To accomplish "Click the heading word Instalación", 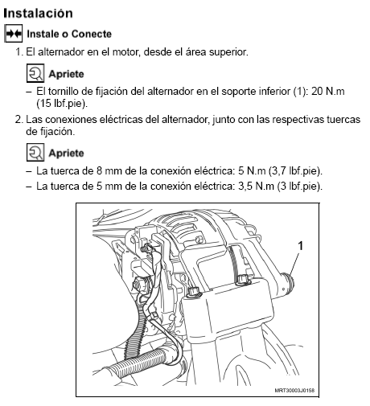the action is (x=38, y=14).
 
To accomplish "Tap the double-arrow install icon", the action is (x=14, y=34).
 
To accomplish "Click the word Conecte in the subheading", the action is (x=92, y=34).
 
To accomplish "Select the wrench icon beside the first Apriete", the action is (x=35, y=73).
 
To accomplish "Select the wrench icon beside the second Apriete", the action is (x=35, y=153).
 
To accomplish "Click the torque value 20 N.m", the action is (x=328, y=92).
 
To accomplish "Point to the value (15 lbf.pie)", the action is (x=62, y=104).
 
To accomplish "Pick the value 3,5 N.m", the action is (x=256, y=186).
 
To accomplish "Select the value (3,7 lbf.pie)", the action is (x=295, y=171).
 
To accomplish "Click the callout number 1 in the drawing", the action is (x=301, y=246).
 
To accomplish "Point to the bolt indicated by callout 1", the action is (x=288, y=284).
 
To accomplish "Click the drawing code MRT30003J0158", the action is (x=294, y=390).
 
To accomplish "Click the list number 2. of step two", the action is (x=19, y=119).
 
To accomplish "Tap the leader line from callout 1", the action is (x=294, y=264).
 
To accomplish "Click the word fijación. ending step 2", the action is (x=57, y=132).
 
